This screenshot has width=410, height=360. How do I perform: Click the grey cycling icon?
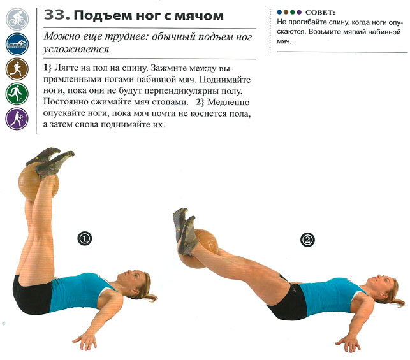(17, 19)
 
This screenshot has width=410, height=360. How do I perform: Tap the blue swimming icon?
(17, 44)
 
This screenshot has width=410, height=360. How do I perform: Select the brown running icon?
(17, 69)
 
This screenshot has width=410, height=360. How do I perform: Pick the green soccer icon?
(17, 94)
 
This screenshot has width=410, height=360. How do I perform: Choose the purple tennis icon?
(17, 119)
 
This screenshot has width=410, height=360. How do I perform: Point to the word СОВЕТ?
(320, 13)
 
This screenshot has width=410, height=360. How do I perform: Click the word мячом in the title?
(199, 16)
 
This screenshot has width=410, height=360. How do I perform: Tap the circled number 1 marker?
(85, 238)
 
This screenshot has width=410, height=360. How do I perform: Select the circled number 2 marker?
(307, 240)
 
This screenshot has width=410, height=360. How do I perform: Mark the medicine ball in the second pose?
(199, 248)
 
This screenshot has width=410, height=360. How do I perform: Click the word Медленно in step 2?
(228, 102)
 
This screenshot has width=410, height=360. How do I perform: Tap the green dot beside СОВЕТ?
(293, 12)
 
